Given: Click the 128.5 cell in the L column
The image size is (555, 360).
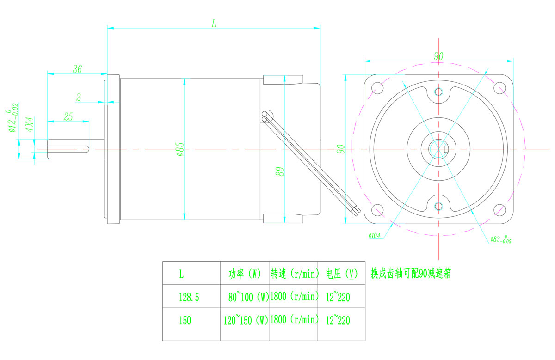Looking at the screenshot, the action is tap(189, 297).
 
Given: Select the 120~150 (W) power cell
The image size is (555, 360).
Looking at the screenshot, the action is tap(246, 320).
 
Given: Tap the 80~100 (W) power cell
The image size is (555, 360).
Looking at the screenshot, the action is tap(248, 297).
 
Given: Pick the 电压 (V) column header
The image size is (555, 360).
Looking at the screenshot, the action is tap(342, 274).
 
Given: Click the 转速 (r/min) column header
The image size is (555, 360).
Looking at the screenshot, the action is tap(294, 274).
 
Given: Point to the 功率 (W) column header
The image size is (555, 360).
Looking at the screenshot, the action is tap(245, 274).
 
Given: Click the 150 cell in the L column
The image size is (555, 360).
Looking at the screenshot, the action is tap(185, 321).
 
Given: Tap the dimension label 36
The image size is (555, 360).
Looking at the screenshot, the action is tap(77, 69).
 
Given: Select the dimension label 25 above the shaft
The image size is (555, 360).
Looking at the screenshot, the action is tap(68, 116).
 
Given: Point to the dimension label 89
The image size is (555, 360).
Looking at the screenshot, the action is tap(280, 171).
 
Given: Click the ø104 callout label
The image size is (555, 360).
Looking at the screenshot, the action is tap(374, 236).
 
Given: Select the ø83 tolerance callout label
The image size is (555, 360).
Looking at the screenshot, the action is tap(501, 239).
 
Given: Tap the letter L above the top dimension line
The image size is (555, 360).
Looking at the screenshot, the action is tap(214, 24).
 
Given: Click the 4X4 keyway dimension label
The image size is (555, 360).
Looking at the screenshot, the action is tap(30, 124).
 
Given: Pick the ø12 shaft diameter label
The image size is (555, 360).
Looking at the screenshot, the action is tap(12, 117).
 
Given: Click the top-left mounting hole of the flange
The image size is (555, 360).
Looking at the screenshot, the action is tap(377, 88).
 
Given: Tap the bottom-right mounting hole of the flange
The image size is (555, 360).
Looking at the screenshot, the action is tap(499, 210).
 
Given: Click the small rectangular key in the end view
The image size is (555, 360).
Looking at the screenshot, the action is tap(446, 149).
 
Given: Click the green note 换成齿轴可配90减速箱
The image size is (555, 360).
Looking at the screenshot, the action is tap(411, 274).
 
